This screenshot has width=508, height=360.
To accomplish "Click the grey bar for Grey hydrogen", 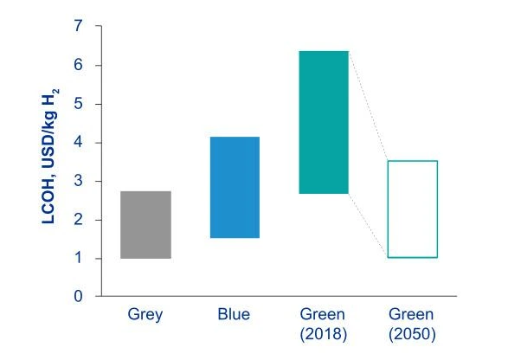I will click(145, 225).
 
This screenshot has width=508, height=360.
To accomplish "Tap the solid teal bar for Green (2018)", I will click(323, 122).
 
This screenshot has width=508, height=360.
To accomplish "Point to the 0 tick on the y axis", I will click(79, 297).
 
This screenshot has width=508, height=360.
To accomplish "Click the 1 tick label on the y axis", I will click(79, 258).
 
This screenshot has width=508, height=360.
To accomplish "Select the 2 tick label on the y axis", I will click(79, 220).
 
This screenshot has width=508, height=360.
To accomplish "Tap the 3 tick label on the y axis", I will click(79, 181).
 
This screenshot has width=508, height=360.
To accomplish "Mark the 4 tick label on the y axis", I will click(79, 143).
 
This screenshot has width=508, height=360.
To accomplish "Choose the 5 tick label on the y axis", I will click(79, 104).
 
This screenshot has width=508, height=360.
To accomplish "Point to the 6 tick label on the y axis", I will click(79, 66).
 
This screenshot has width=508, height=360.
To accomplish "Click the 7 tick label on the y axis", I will click(79, 27).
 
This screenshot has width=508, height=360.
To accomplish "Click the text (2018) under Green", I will click(323, 331).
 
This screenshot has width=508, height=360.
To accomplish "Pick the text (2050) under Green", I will click(412, 331).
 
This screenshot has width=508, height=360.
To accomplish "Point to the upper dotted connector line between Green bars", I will click(368, 106).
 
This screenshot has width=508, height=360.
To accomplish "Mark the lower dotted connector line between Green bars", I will click(368, 226).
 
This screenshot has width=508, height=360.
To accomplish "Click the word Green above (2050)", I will click(412, 315).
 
